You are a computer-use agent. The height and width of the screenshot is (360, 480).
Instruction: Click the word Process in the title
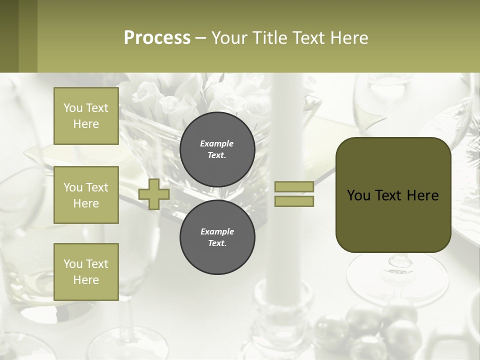point(157,38)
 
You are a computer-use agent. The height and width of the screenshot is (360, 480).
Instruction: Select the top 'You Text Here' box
point(86,116)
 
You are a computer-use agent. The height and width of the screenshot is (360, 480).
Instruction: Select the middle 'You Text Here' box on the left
point(86,195)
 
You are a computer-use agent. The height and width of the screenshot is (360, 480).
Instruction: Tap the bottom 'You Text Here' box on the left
point(86,271)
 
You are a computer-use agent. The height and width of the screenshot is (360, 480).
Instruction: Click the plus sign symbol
point(154,194)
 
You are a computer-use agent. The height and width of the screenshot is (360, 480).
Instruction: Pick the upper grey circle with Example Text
point(217,149)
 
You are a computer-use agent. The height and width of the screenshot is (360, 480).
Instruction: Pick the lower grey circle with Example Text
point(217,237)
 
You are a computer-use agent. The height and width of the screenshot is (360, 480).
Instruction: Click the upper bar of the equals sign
point(294,187)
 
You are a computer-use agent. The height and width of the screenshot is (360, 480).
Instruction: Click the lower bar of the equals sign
point(294,201)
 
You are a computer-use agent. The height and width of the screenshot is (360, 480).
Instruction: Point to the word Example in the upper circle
point(217,143)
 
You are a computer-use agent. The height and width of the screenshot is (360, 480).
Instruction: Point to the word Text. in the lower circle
point(217,243)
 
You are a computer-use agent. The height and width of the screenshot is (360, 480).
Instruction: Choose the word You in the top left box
point(72,108)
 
